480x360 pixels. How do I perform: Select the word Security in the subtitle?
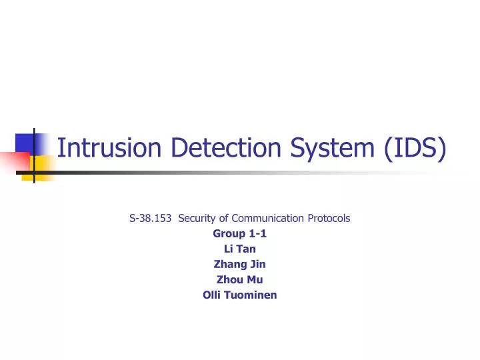tap(195, 218)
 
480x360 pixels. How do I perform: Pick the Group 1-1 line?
tap(239, 233)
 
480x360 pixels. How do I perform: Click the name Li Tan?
tap(239, 249)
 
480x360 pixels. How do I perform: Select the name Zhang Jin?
tap(239, 264)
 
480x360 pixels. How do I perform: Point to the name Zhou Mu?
tap(239, 279)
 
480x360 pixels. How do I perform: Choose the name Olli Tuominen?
tap(239, 295)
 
